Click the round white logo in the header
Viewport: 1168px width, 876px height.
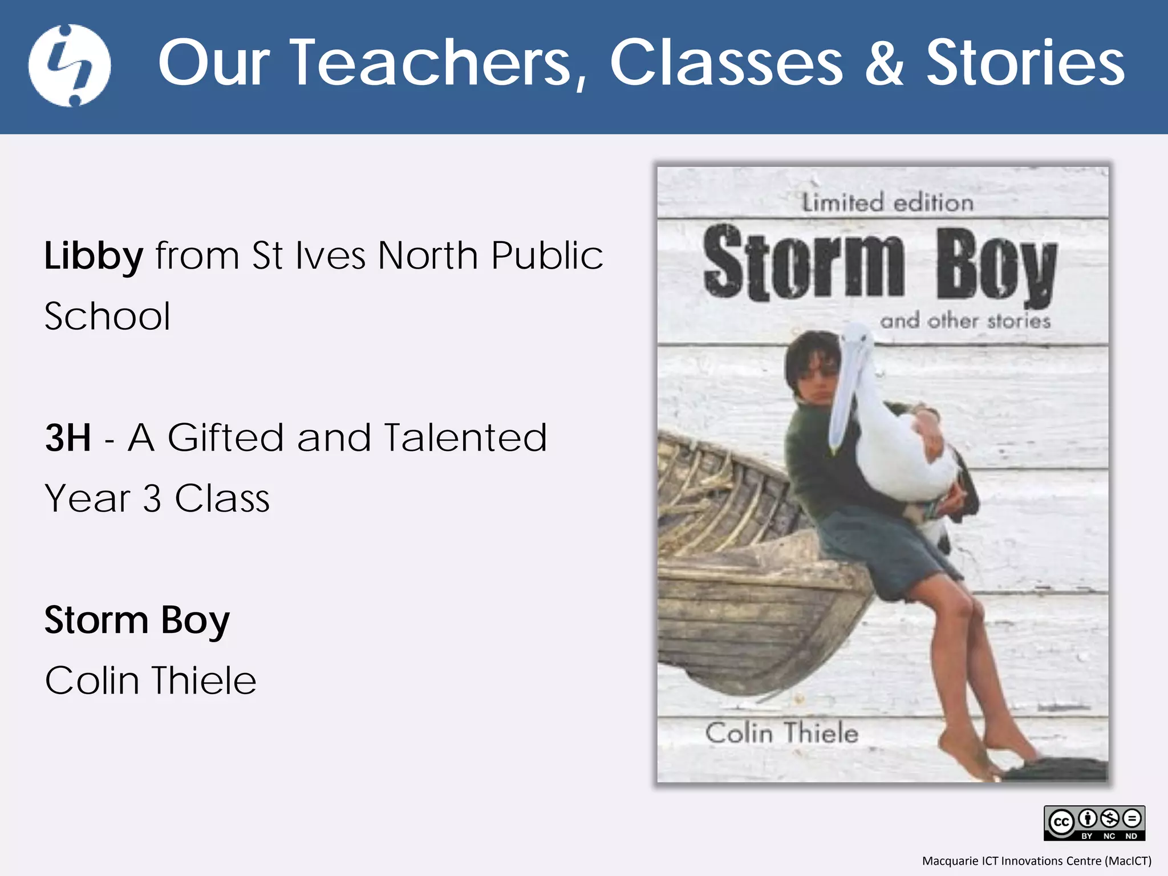pyautogui.click(x=70, y=65)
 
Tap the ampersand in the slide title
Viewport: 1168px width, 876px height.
pyautogui.click(x=883, y=63)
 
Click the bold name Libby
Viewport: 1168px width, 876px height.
pyautogui.click(x=94, y=256)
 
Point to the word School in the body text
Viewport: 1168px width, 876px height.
pyautogui.click(x=107, y=316)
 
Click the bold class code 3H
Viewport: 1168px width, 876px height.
pyautogui.click(x=68, y=437)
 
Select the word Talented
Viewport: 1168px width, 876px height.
pyautogui.click(x=465, y=437)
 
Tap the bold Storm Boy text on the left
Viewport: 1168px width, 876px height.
pyautogui.click(x=137, y=620)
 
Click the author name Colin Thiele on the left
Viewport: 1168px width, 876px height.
pyautogui.click(x=151, y=680)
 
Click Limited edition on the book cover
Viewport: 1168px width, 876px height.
pyautogui.click(x=887, y=202)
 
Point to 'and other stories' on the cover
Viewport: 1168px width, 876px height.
pyautogui.click(x=965, y=321)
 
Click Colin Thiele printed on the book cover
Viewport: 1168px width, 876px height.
pyautogui.click(x=781, y=733)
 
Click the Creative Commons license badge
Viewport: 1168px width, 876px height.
pyautogui.click(x=1094, y=822)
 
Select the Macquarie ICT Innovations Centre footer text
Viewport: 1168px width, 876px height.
pyautogui.click(x=1036, y=861)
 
